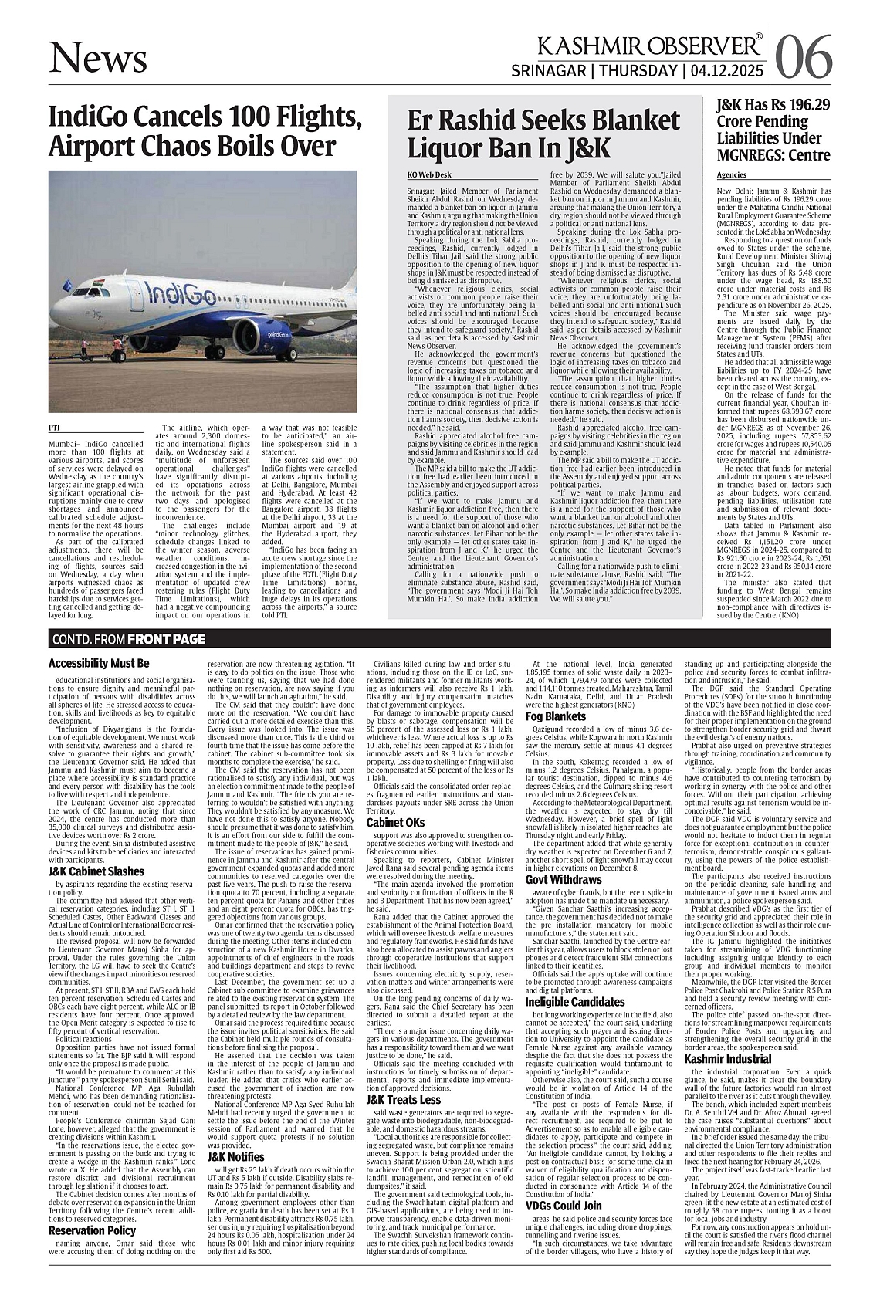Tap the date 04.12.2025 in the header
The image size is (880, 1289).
[x=727, y=71]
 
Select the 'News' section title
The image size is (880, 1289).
[x=97, y=58]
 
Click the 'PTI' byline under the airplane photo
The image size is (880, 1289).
[x=55, y=427]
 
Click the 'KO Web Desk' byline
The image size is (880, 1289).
[x=429, y=176]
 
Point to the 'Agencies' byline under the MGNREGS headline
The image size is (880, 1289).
[x=733, y=175]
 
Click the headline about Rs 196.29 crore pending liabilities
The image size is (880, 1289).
[x=773, y=130]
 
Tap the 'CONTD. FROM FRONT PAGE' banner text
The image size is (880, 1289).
[x=129, y=638]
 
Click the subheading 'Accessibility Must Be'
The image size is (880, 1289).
[x=99, y=663]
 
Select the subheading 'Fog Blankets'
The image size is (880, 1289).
[x=556, y=716]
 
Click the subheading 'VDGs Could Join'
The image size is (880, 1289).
[x=564, y=1206]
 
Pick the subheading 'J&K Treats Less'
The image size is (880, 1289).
[x=404, y=1099]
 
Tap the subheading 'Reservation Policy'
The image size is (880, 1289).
[x=92, y=1230]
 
